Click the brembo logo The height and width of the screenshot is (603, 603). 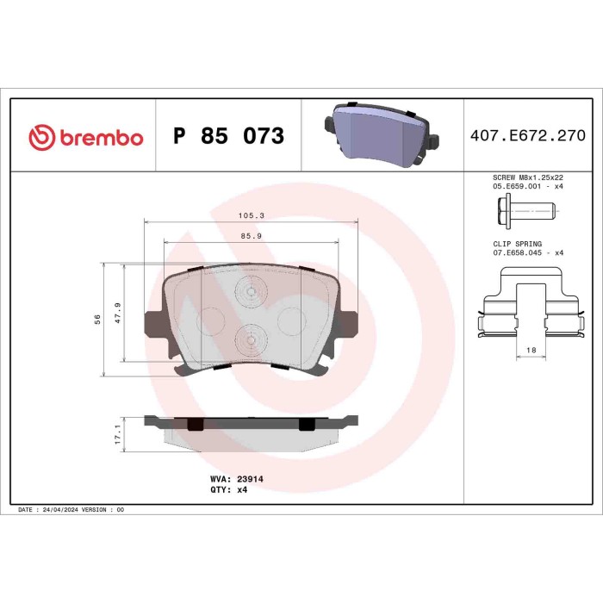coord(85,137)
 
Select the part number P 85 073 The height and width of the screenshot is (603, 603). coord(228,137)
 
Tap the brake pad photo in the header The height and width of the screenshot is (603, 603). coord(382,135)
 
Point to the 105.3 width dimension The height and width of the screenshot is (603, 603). coord(251,217)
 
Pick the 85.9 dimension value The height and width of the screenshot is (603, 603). coord(251,236)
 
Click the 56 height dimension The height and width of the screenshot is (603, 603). coord(98,320)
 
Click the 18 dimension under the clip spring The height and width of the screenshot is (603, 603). coord(531,350)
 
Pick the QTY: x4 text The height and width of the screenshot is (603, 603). coord(228,488)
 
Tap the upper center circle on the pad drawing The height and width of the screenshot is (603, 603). coord(251,293)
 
